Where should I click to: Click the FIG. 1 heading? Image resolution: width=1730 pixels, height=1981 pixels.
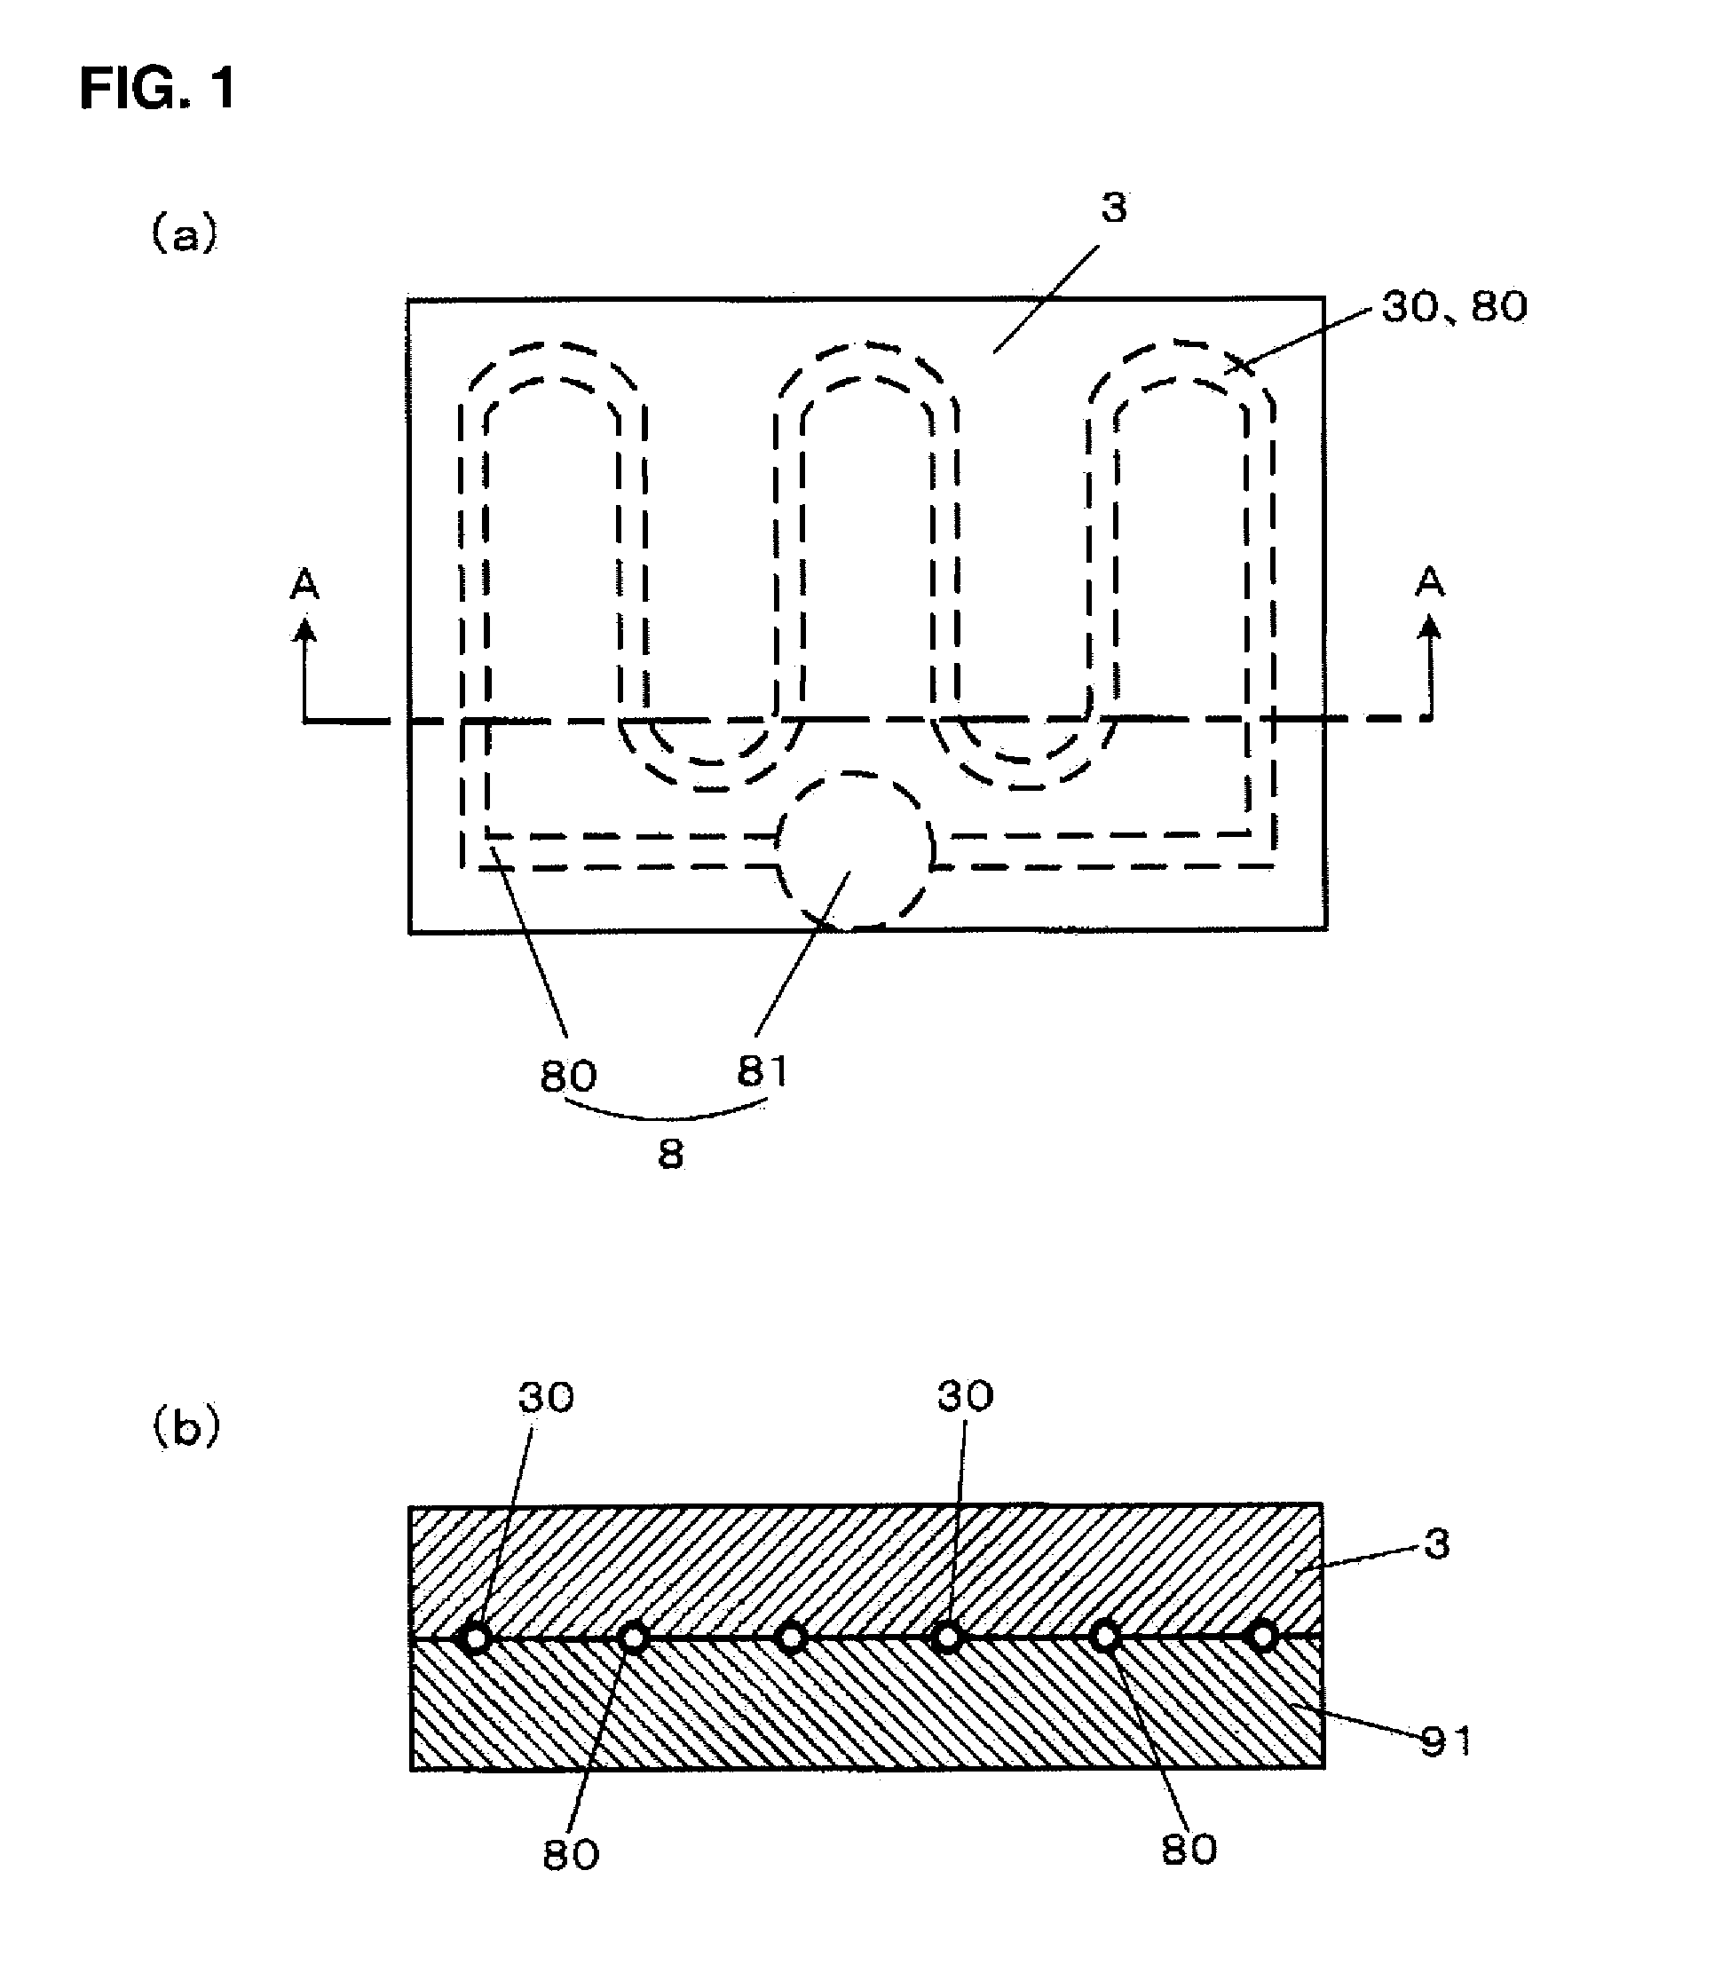coord(157,90)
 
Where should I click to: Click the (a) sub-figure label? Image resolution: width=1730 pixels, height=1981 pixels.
coord(185,233)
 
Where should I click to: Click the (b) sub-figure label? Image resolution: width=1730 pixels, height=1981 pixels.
coord(186,1429)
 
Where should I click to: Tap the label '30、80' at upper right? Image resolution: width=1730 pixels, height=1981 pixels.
coord(1454,307)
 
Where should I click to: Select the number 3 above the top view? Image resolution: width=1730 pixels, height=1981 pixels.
coord(1114,209)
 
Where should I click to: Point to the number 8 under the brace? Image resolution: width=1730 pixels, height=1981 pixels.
coord(670,1155)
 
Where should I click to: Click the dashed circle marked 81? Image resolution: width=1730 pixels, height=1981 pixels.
coord(856,850)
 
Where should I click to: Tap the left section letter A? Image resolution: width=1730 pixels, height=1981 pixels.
coord(305,584)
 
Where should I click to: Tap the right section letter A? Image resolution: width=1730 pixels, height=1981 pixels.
coord(1430,582)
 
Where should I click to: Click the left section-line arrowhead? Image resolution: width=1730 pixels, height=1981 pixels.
coord(305,630)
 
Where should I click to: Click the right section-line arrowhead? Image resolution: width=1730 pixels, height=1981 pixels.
coord(1430,628)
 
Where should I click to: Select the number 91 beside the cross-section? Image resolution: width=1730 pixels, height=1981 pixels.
coord(1445,1740)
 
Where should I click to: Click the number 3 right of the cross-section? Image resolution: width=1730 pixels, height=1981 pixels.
coord(1437,1545)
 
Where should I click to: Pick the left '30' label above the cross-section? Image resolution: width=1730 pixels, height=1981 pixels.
coord(547,1397)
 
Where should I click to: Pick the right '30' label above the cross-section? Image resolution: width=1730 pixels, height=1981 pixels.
coord(966,1396)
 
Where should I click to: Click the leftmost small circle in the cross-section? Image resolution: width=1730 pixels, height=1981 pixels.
coord(475,1638)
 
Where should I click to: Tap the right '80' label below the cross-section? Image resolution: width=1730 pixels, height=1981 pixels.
coord(1189,1850)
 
